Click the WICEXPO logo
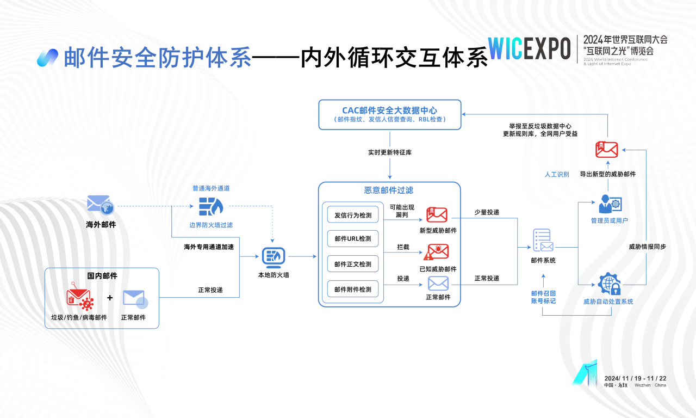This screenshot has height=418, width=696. click(529, 48)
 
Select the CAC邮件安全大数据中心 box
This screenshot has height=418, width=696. click(389, 114)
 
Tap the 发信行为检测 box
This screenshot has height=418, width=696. click(353, 215)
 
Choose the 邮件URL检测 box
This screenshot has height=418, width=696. click(353, 239)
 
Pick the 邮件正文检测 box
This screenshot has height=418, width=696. click(353, 264)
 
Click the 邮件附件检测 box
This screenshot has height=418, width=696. click(353, 289)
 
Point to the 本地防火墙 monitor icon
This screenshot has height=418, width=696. click(274, 256)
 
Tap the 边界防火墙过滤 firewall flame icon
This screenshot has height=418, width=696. click(210, 207)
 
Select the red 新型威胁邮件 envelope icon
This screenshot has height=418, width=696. click(437, 214)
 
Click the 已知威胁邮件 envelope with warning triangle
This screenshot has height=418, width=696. click(437, 251)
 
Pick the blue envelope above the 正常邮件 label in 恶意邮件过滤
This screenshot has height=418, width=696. click(438, 283)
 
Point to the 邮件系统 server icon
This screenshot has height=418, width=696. click(543, 240)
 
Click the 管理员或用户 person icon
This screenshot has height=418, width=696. click(609, 204)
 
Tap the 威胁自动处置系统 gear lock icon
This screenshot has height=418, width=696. click(608, 284)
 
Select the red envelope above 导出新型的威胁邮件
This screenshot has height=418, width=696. click(607, 149)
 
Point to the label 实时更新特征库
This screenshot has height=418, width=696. click(389, 152)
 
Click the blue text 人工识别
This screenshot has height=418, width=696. click(557, 175)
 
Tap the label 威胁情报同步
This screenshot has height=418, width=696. click(647, 247)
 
